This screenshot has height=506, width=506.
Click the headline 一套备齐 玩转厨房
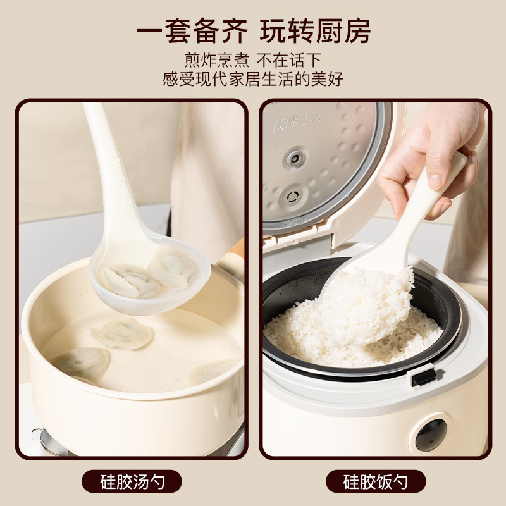pyautogui.click(x=254, y=30)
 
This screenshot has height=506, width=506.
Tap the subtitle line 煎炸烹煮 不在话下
pyautogui.click(x=253, y=60)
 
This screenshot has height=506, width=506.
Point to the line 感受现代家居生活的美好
pyautogui.click(x=253, y=80)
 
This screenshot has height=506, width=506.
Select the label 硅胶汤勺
pyautogui.click(x=132, y=481)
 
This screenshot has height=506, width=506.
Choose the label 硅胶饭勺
pyautogui.click(x=376, y=481)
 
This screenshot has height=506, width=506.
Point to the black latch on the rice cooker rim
pyautogui.click(x=423, y=377)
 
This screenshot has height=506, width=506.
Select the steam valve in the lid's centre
pyautogui.click(x=295, y=158)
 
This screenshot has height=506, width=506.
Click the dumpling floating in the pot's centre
pyautogui.click(x=123, y=334)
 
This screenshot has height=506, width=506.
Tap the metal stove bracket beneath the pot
pyautogui.click(x=45, y=440)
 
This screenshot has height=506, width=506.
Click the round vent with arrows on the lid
pyautogui.click(x=293, y=197)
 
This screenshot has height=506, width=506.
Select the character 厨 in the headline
pyautogui.click(x=328, y=31)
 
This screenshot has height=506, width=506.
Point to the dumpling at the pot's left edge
pyautogui.click(x=81, y=366)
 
